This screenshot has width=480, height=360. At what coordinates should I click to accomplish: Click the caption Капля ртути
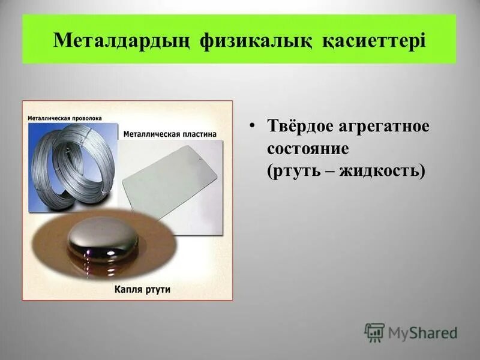pos(142,289)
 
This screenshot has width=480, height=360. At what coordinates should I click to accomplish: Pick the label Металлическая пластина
pos(170,134)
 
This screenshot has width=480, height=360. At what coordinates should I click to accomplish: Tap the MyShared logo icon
pos(374,332)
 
